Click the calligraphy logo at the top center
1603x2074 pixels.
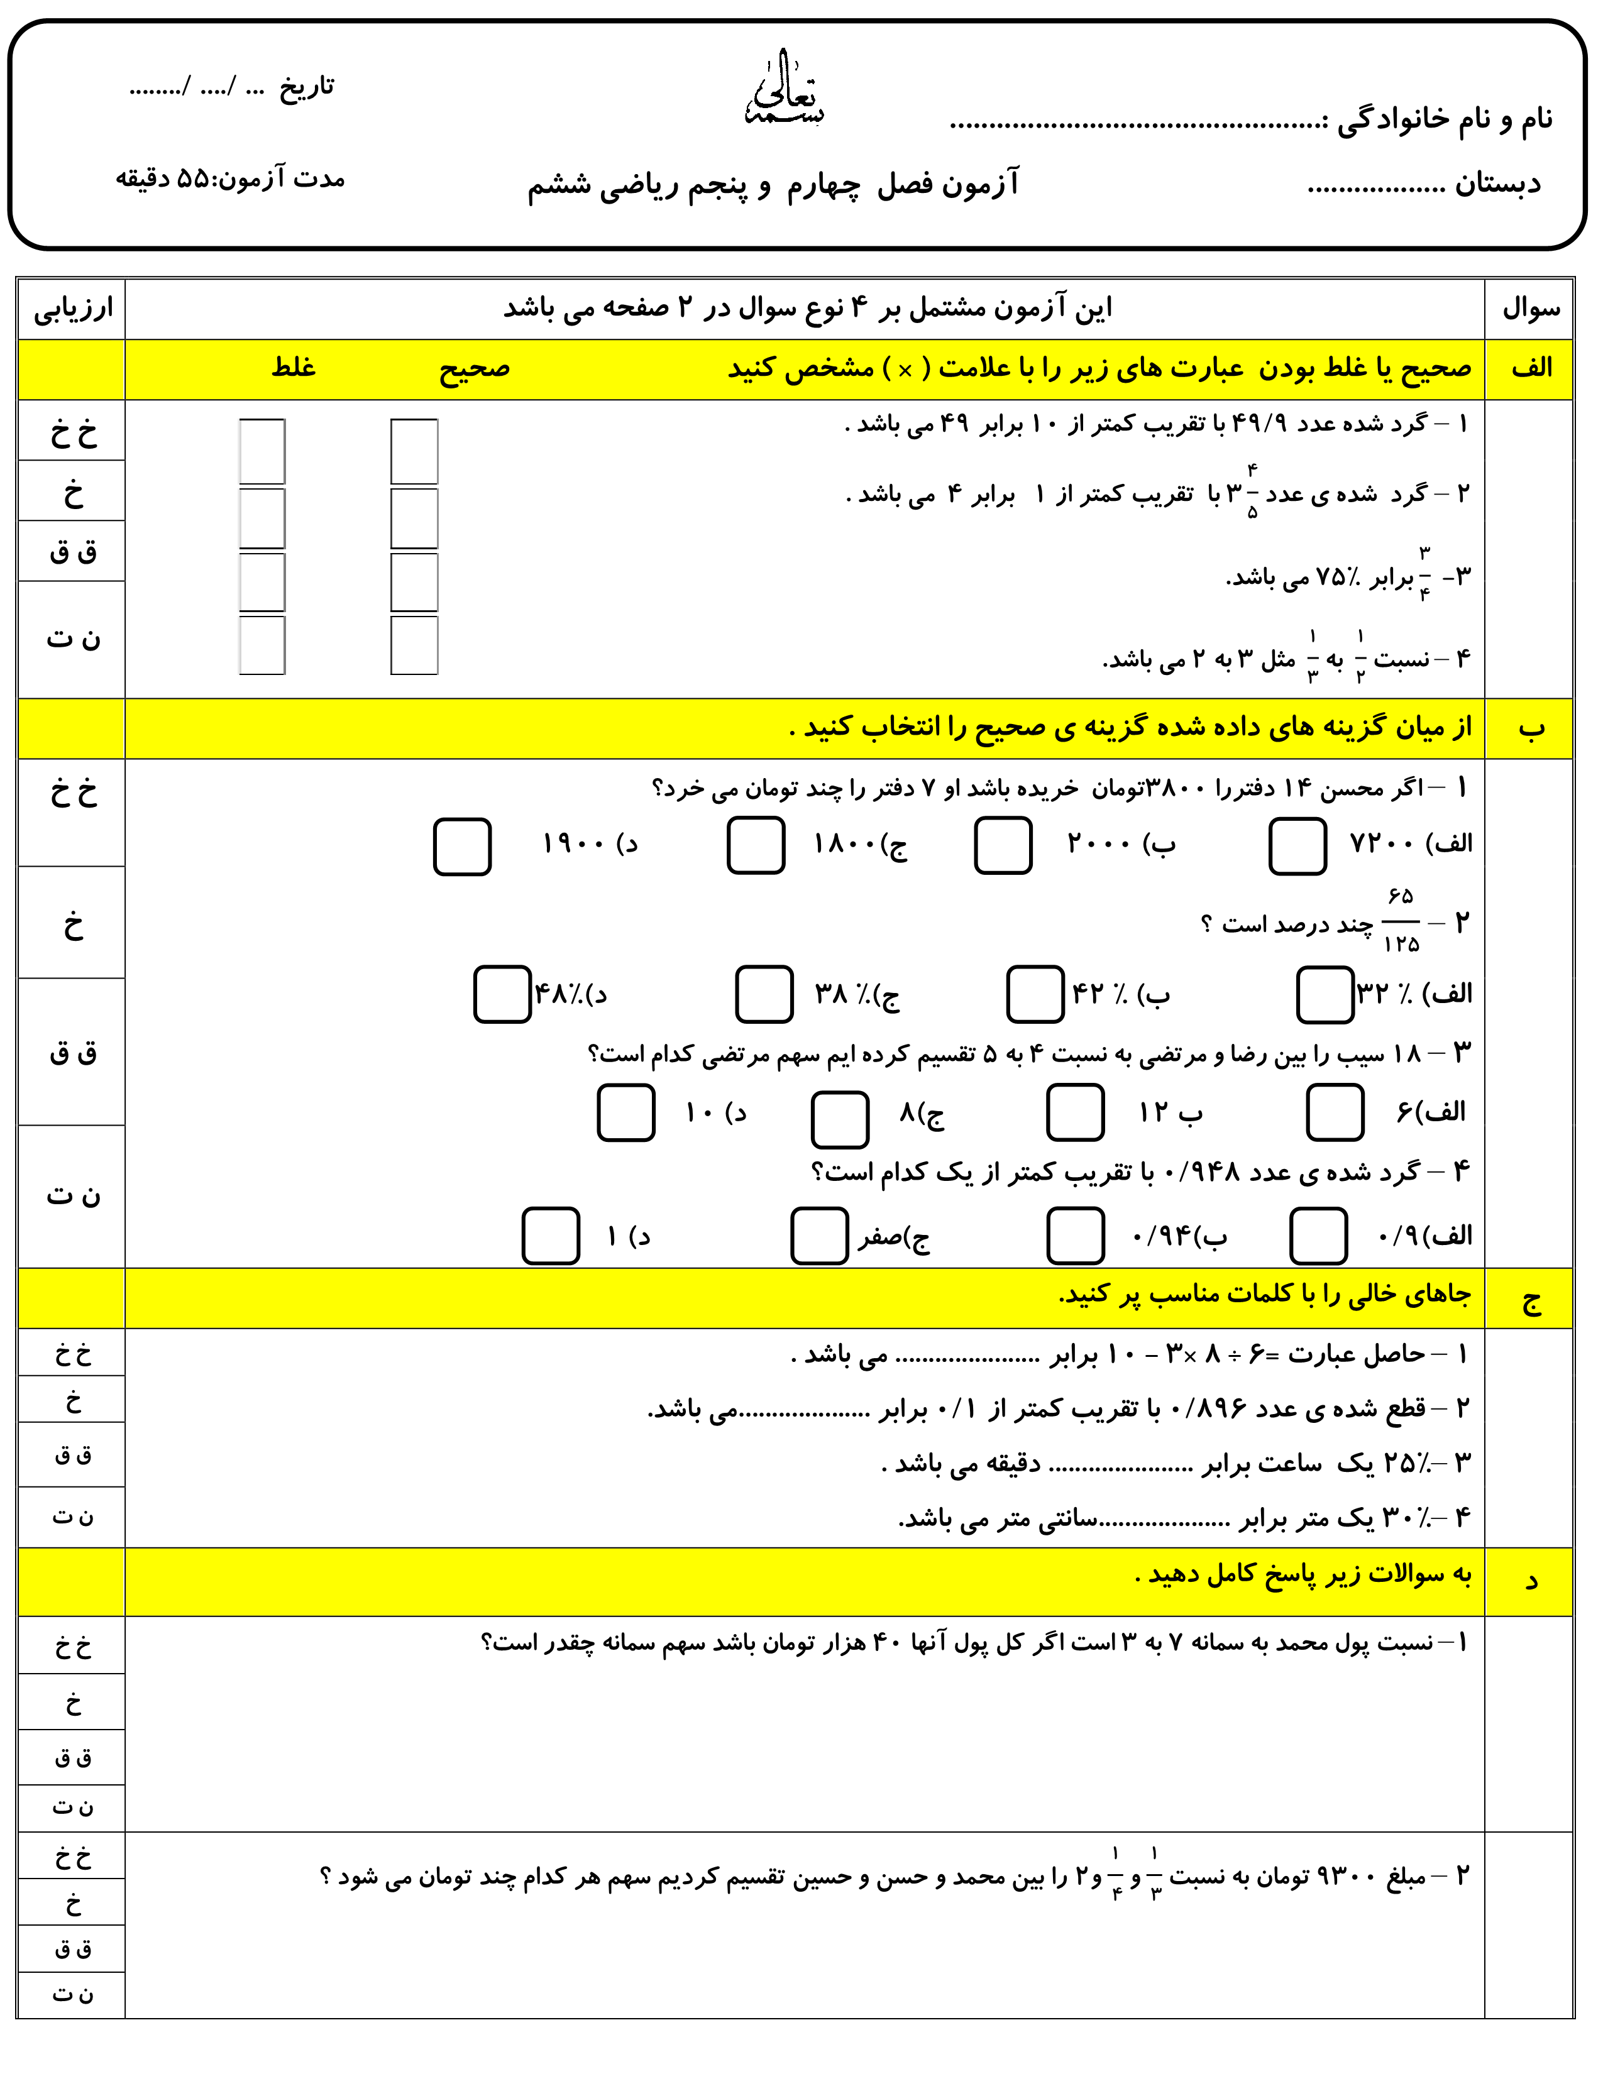[785, 91]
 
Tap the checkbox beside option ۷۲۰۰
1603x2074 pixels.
[1297, 846]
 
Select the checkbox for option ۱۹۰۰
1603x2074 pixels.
[463, 846]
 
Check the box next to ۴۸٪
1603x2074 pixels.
[502, 994]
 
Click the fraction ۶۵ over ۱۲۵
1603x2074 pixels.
[1401, 920]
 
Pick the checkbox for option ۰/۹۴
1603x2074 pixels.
[1075, 1236]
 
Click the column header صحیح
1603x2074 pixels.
[474, 368]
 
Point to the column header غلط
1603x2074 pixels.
[294, 368]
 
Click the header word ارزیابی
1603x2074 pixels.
[72, 309]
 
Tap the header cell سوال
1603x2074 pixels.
[1531, 309]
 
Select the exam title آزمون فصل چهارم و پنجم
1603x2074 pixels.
[773, 184]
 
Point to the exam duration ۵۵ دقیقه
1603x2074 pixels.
[230, 178]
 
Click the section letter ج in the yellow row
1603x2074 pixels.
[1531, 1299]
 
